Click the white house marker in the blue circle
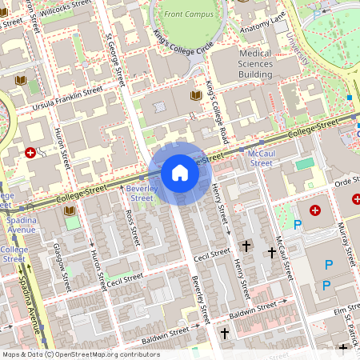point(180,172)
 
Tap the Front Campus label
point(189,14)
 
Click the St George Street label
point(116,60)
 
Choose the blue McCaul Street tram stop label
point(261,158)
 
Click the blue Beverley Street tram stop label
point(141,193)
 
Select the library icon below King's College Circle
point(195,96)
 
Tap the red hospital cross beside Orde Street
point(314,210)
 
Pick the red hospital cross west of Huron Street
point(30,152)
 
